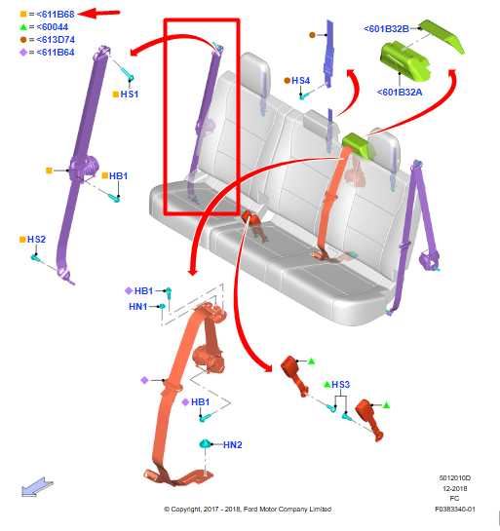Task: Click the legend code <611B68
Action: (56, 15)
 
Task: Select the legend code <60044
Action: (53, 26)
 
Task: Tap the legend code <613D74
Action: (56, 40)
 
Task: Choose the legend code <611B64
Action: (56, 53)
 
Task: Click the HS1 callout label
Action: (130, 95)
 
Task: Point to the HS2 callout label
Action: (36, 240)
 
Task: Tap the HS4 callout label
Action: (300, 81)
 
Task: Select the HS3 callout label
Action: (340, 384)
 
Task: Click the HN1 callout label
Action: (138, 307)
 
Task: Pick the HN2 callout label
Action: (233, 444)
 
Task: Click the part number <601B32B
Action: (386, 29)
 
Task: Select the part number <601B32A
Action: (400, 92)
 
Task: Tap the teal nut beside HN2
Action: (206, 443)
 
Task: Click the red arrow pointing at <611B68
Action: (98, 14)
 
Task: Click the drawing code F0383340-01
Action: (455, 509)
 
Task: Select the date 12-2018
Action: (455, 488)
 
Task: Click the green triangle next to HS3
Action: (327, 384)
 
